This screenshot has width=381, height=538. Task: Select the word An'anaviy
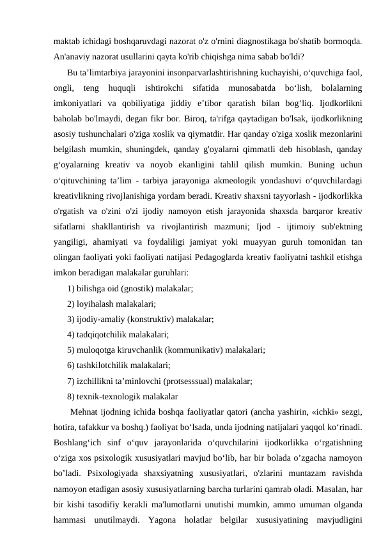72,54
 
